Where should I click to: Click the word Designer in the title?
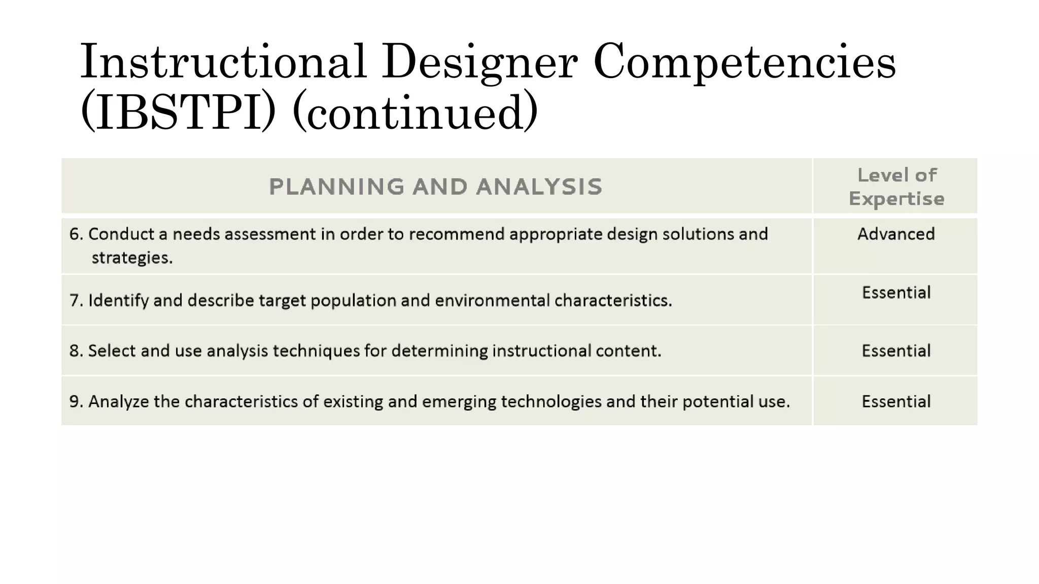479,63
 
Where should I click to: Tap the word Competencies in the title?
744,63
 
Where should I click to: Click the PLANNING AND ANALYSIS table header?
435,187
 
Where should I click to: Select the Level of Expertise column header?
896,187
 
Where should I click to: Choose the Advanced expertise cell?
896,234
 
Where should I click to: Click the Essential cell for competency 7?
896,293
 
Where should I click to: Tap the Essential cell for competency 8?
896,351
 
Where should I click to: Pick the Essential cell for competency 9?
896,401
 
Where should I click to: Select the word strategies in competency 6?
132,258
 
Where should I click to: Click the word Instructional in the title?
223,63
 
